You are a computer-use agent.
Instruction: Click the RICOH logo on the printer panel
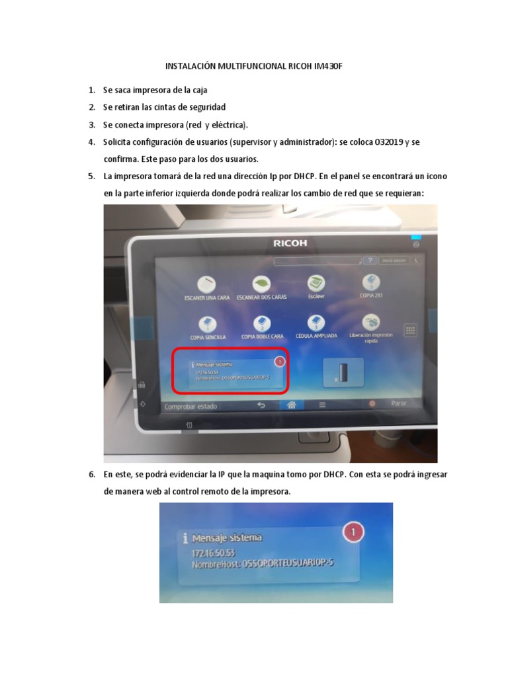290,243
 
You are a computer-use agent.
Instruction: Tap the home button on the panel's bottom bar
291,405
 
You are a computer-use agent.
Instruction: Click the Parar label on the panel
398,403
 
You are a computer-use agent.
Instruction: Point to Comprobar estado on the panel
190,407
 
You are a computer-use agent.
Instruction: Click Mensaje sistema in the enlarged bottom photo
227,538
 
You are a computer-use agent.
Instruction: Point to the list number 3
92,124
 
